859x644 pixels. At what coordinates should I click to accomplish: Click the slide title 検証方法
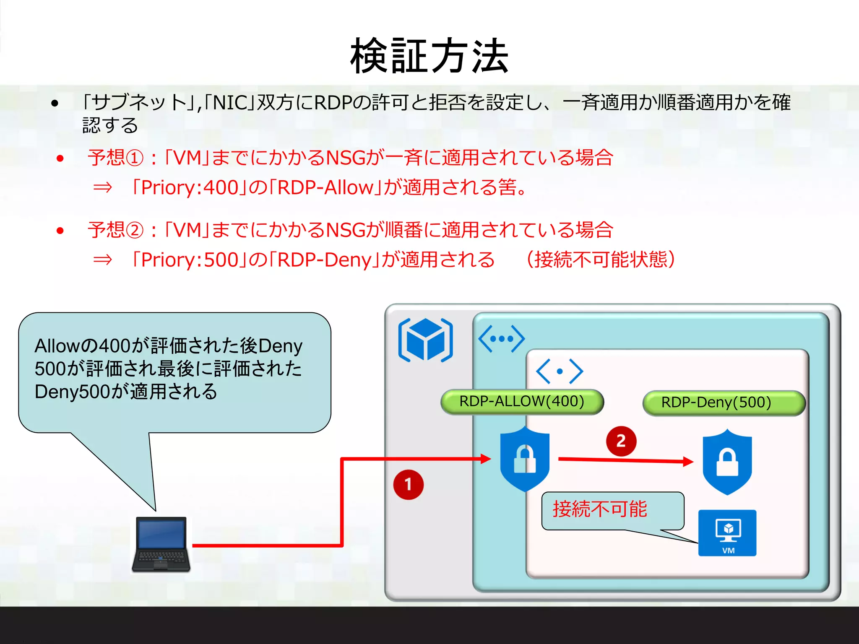click(429, 55)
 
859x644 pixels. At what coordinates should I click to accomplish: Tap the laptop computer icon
click(161, 544)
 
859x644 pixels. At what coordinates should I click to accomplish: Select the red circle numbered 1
click(408, 485)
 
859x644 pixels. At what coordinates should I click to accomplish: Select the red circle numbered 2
click(621, 441)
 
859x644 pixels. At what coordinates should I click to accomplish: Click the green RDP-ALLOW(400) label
click(522, 402)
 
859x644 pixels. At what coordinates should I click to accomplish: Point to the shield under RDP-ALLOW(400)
click(525, 459)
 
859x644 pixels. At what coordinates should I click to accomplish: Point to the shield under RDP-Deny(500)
click(727, 462)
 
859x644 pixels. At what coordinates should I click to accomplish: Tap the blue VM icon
click(727, 533)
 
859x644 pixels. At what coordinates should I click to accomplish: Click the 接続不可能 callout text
click(600, 509)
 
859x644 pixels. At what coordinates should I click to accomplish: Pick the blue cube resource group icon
click(425, 340)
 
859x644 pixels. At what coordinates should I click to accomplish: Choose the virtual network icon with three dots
click(501, 338)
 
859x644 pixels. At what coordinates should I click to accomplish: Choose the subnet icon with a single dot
click(560, 371)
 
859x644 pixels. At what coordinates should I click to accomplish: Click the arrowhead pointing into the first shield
click(486, 459)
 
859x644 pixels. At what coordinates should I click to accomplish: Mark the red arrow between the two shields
click(625, 460)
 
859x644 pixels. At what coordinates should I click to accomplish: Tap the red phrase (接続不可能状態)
click(601, 260)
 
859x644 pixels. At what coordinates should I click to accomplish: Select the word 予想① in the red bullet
click(116, 158)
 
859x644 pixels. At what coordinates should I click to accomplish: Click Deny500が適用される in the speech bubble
click(126, 392)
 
